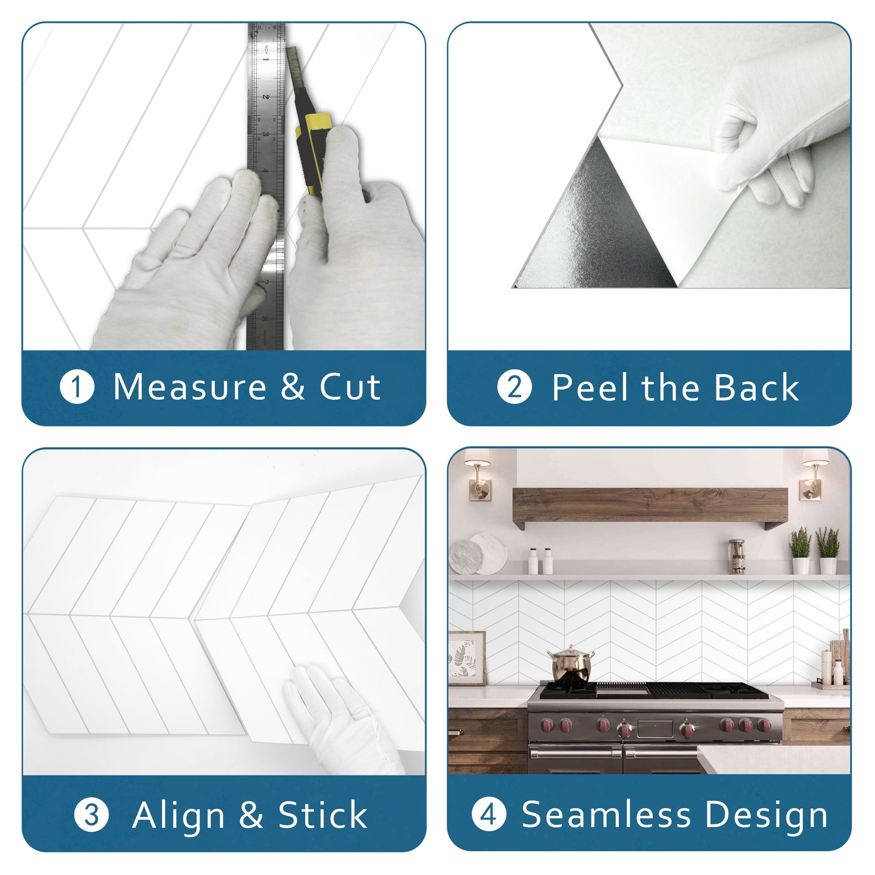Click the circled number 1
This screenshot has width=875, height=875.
pos(77,387)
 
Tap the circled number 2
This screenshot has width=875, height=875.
pos(514,387)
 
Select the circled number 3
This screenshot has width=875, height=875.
pos(91,815)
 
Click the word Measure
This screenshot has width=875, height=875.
pos(190,387)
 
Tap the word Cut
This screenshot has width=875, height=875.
pos(350,387)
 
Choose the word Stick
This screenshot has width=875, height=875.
pos(322,815)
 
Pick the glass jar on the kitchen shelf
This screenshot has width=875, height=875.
pos(736,556)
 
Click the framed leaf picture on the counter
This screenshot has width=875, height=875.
pos(467,658)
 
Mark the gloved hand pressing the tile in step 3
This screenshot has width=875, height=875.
pos(345,719)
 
